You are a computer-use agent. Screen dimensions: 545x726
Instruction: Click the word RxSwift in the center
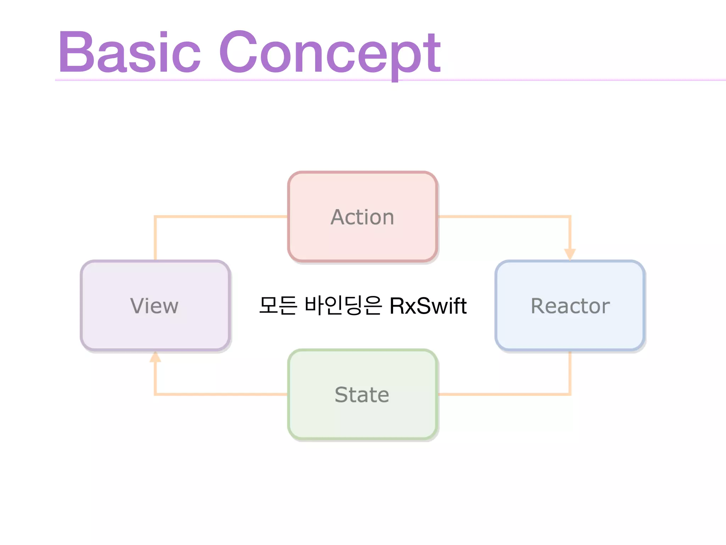click(x=428, y=306)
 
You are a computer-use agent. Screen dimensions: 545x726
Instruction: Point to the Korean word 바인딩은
click(x=343, y=306)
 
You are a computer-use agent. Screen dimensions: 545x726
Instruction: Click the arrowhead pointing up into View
click(x=155, y=357)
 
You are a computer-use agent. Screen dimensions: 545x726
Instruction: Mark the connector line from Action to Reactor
click(x=503, y=216)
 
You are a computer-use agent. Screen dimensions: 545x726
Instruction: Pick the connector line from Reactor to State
click(x=503, y=394)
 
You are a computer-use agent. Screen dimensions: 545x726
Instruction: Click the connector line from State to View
click(x=220, y=394)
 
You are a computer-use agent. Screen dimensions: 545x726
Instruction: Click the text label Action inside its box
click(x=362, y=217)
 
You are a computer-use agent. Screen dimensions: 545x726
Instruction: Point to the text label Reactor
click(x=570, y=306)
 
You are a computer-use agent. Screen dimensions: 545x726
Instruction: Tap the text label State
click(x=362, y=395)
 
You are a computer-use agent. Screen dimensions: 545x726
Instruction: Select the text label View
click(x=155, y=306)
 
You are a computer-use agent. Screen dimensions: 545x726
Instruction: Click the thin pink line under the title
click(x=567, y=80)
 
